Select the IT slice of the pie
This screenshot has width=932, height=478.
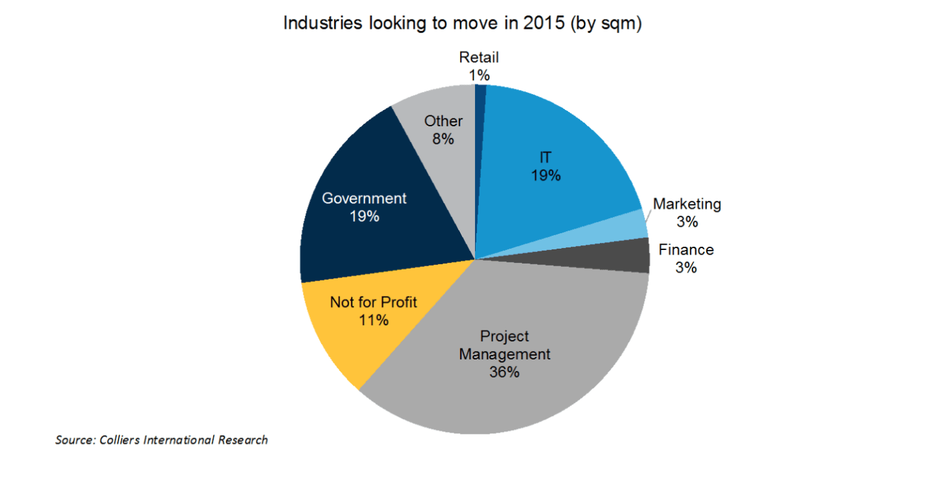(553, 166)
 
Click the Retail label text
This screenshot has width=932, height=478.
(479, 58)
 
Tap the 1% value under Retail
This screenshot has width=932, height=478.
(480, 75)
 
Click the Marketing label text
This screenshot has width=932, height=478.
(687, 204)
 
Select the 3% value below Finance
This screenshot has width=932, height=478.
(686, 267)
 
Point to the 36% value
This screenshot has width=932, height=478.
(504, 372)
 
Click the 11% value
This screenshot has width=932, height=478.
(373, 320)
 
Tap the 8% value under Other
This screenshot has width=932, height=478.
(443, 139)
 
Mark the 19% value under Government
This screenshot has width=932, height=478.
(364, 216)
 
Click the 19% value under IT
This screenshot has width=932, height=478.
(546, 176)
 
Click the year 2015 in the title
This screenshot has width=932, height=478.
(544, 23)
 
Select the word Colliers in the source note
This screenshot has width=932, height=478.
(119, 440)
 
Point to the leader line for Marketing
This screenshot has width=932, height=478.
(647, 216)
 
